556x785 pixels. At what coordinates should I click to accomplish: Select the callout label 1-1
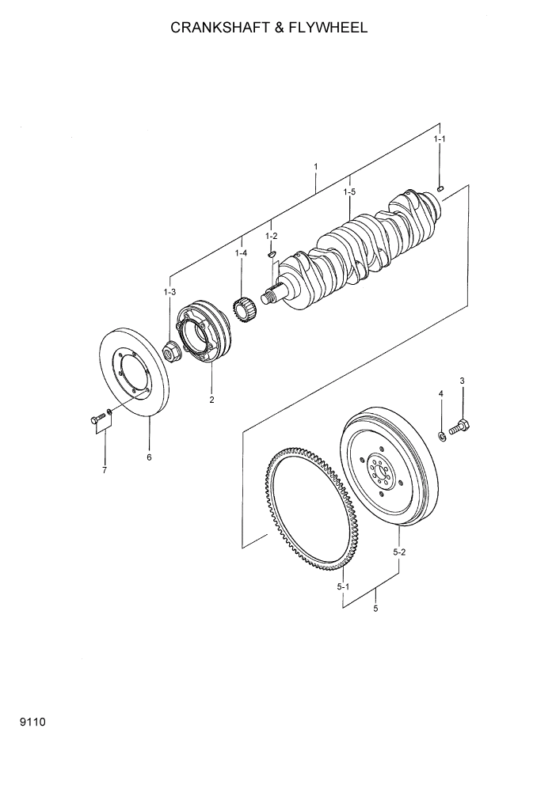440,139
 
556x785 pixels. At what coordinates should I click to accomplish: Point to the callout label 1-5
349,192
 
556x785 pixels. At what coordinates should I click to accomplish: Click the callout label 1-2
271,236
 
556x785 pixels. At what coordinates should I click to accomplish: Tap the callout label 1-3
169,293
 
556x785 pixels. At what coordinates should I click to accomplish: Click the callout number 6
148,457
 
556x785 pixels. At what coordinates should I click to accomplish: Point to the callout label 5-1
342,586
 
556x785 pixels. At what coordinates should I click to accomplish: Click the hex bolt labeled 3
460,427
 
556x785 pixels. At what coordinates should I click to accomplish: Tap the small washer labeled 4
441,436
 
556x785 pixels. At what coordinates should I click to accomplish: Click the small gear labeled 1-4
245,303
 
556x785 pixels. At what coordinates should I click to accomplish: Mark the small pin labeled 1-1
441,188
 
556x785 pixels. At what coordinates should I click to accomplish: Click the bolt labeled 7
97,419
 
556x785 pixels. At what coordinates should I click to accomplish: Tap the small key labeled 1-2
271,255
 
